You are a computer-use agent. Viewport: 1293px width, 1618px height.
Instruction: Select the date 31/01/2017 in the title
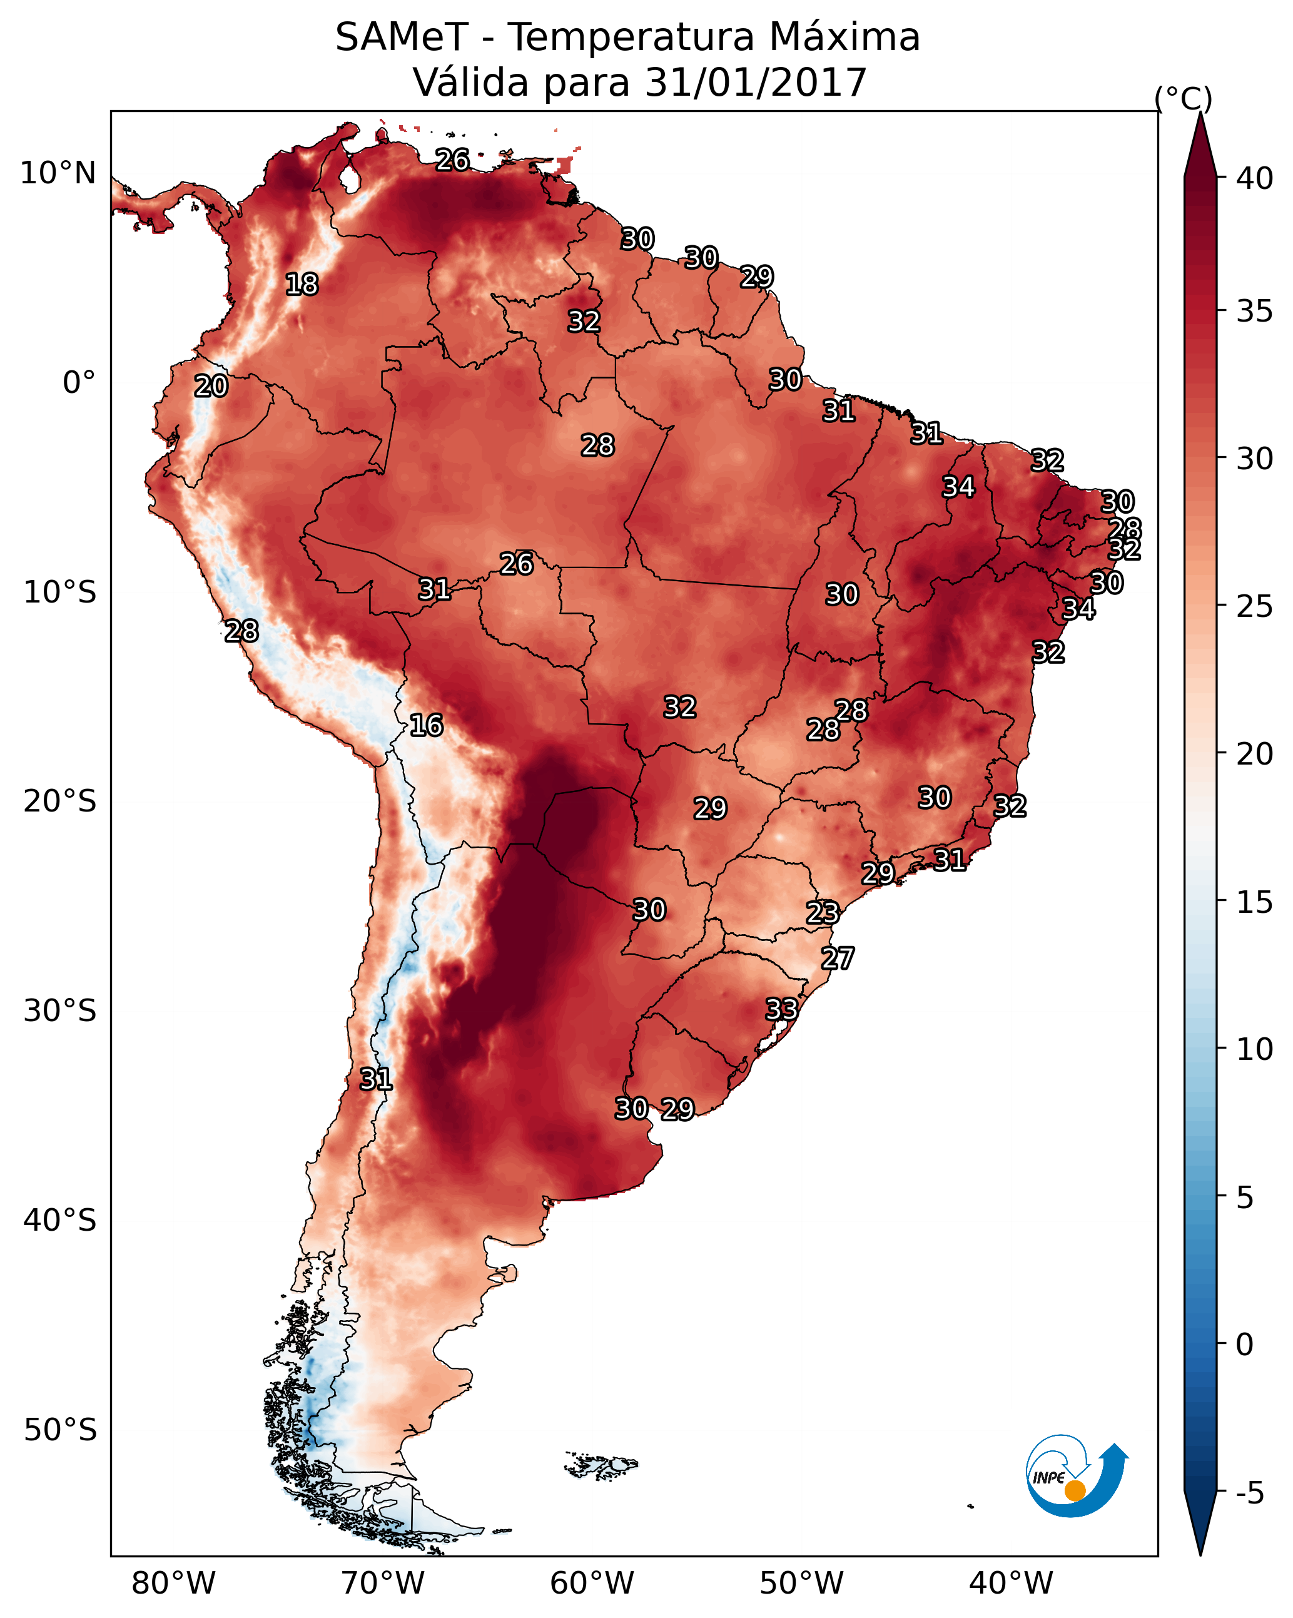[x=756, y=83]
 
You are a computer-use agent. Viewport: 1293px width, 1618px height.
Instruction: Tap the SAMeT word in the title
[x=402, y=38]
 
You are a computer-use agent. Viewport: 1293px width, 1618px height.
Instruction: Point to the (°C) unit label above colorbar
[x=1184, y=98]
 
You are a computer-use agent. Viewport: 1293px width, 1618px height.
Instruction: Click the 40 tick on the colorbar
[x=1255, y=178]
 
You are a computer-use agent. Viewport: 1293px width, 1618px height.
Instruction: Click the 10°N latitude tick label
[x=58, y=173]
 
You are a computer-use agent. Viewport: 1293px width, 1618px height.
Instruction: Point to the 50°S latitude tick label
[x=60, y=1430]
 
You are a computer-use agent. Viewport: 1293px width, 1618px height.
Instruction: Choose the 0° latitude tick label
[x=79, y=383]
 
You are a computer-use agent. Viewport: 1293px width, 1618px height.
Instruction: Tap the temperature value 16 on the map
[x=426, y=726]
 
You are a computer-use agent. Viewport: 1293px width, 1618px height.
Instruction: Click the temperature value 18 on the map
[x=302, y=285]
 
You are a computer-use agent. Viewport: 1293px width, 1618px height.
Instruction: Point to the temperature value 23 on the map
[x=823, y=913]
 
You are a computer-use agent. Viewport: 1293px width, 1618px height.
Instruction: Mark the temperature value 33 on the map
[x=781, y=1009]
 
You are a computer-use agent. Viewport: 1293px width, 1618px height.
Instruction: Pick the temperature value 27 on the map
[x=838, y=959]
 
